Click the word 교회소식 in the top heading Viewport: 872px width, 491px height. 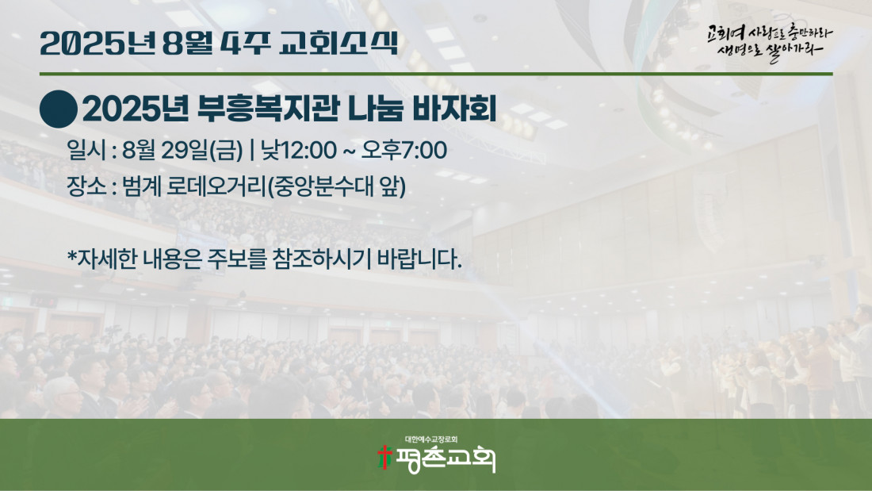(x=338, y=42)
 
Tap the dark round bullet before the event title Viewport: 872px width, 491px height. (x=59, y=109)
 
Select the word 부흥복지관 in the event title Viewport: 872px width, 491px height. (x=269, y=109)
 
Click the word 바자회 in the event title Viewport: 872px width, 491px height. (x=453, y=109)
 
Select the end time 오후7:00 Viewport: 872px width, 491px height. (x=404, y=150)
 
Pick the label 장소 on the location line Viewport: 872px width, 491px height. (x=86, y=186)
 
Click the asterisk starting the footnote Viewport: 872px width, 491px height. (x=71, y=256)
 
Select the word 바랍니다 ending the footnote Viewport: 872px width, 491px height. (x=419, y=259)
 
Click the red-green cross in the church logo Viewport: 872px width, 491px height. (x=384, y=457)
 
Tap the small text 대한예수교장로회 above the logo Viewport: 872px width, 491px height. (x=431, y=439)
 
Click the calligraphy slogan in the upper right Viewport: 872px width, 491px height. (x=770, y=42)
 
